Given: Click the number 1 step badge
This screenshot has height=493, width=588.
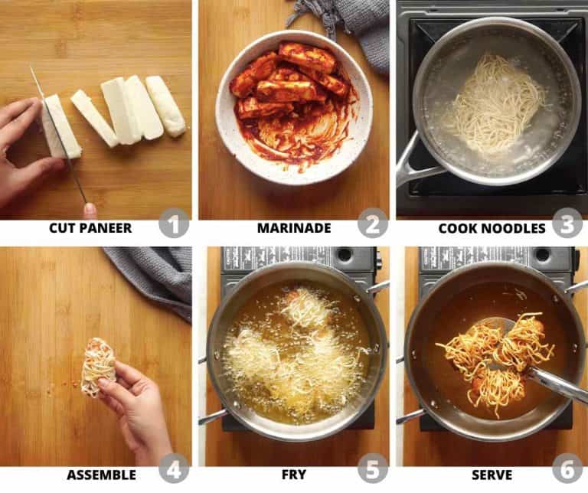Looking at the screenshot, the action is (174, 224).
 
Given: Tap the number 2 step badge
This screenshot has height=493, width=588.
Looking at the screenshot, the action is (372, 224).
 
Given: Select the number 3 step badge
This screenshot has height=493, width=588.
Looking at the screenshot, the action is (568, 223).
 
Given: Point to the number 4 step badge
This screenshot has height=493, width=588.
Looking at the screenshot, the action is (174, 469).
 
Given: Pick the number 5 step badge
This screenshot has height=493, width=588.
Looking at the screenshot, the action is (372, 469).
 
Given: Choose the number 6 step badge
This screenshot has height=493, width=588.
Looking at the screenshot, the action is (568, 469).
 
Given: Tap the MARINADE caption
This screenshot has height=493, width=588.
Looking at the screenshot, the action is (294, 228).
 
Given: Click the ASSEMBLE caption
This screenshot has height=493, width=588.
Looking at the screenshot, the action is (101, 475).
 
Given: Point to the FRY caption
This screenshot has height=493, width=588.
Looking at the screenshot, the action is (294, 475).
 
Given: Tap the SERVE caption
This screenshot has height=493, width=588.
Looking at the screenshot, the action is (492, 475).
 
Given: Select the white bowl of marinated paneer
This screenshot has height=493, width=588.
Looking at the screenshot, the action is (294, 108).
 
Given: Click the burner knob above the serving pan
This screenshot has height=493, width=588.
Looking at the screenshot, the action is (543, 255).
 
